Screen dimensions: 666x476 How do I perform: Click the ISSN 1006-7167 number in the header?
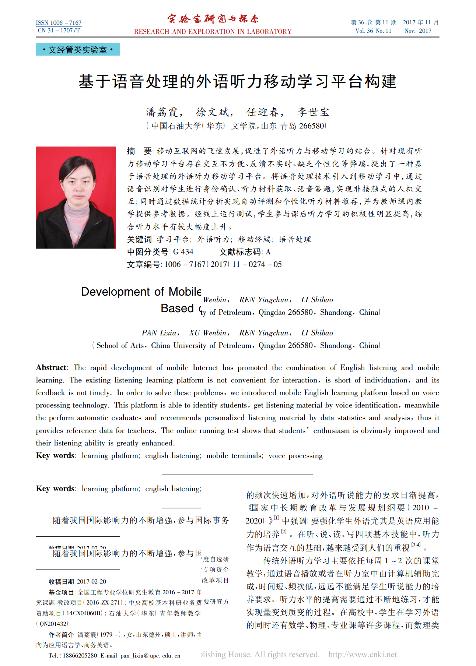click(x=59, y=23)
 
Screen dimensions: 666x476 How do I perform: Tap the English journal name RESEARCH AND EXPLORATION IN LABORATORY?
click(x=213, y=32)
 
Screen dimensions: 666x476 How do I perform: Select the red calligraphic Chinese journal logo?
click(x=213, y=19)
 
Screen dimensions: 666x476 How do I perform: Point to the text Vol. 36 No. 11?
click(x=373, y=31)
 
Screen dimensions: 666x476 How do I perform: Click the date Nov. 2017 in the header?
click(x=418, y=31)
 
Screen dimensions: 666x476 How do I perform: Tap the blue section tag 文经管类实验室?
click(x=78, y=50)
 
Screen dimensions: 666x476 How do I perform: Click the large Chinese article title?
click(x=238, y=81)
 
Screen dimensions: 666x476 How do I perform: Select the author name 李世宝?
click(x=313, y=112)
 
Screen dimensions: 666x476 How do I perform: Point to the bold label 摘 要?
click(x=139, y=151)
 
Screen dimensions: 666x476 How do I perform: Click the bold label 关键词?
click(x=140, y=239)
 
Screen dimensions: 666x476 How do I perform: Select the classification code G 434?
click(x=183, y=252)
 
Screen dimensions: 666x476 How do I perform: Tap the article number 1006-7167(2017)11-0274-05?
click(x=223, y=264)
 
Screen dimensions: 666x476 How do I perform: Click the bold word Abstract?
click(x=51, y=367)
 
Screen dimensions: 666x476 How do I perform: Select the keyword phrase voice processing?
click(x=295, y=456)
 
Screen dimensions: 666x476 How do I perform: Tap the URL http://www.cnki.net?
click(x=363, y=654)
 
